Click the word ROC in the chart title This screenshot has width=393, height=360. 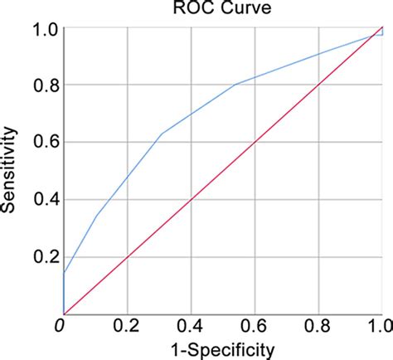click(200, 9)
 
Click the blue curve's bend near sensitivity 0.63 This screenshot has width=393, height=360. click(162, 134)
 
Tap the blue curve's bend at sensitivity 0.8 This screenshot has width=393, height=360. click(235, 85)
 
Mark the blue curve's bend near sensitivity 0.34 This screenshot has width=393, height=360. click(98, 216)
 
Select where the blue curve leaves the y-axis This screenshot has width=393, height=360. click(64, 273)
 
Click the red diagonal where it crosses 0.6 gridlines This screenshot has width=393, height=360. click(255, 143)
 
